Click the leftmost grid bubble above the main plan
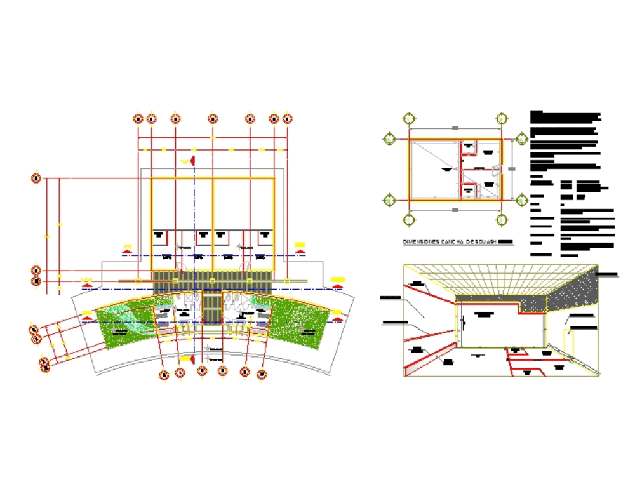tap(138, 118)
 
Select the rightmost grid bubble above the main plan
tap(287, 118)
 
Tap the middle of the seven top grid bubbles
tap(213, 118)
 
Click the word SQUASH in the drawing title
tap(485, 242)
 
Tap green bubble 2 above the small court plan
tap(502, 118)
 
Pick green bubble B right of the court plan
tap(522, 139)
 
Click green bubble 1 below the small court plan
tap(408, 220)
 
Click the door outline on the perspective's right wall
tap(571, 344)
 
